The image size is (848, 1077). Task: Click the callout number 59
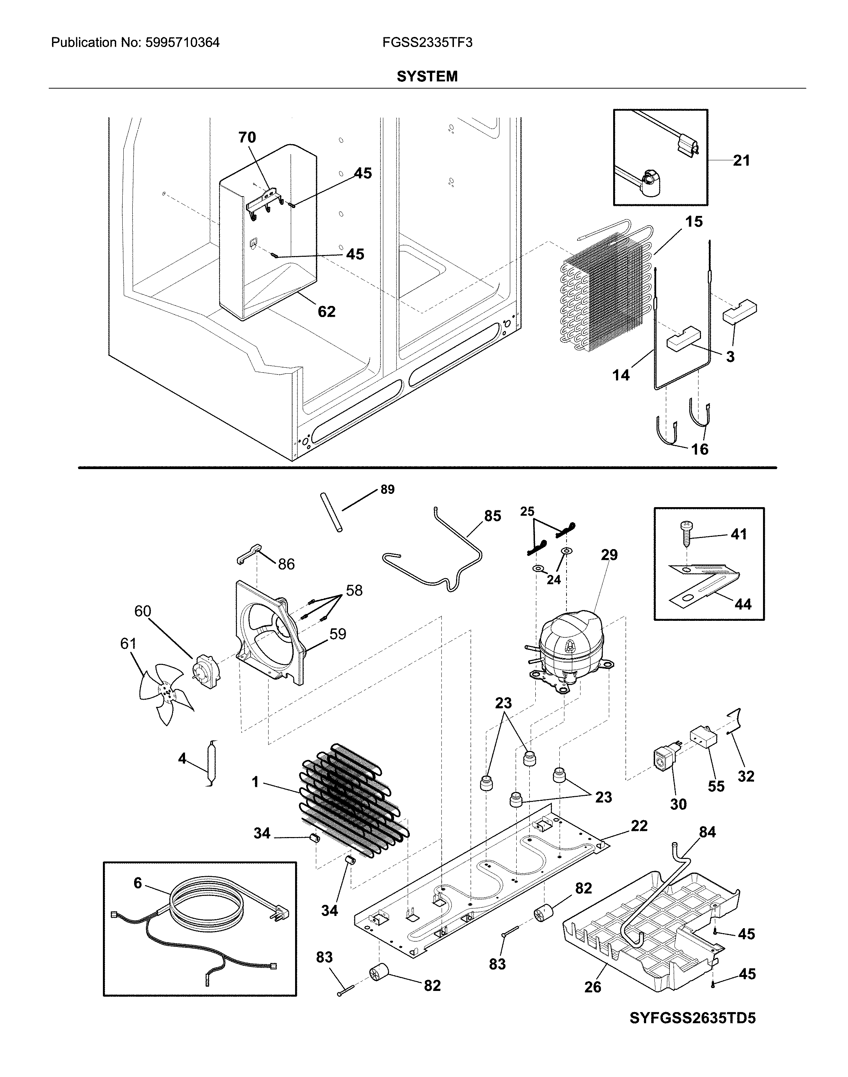coord(338,634)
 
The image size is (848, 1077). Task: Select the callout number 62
coord(326,311)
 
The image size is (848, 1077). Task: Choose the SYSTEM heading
coord(427,76)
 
